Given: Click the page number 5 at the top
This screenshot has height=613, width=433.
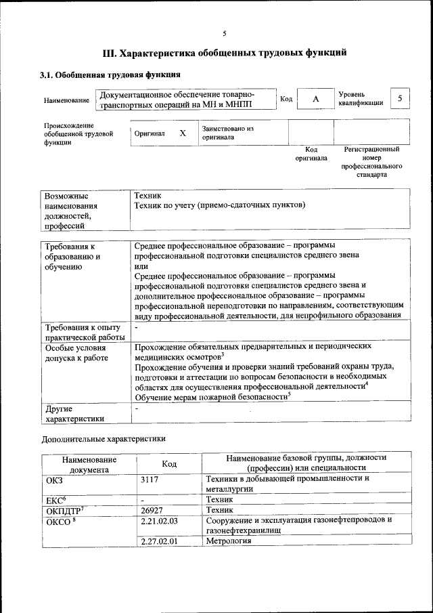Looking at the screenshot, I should pyautogui.click(x=224, y=33).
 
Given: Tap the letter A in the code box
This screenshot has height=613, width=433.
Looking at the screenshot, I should pyautogui.click(x=315, y=100).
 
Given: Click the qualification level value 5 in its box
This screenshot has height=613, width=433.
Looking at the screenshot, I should pyautogui.click(x=400, y=99).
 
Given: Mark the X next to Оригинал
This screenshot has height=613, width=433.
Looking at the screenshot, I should pyautogui.click(x=182, y=133).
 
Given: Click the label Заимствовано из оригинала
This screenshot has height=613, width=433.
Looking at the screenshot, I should pyautogui.click(x=227, y=132).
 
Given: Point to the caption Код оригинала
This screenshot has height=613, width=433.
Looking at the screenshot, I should pyautogui.click(x=311, y=154).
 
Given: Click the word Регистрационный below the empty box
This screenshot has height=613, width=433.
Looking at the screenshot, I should pyautogui.click(x=371, y=149).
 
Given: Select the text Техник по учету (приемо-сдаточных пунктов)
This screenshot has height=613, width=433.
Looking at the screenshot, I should pyautogui.click(x=220, y=204).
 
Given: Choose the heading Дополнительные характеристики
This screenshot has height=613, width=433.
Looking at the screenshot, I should pyautogui.click(x=102, y=439).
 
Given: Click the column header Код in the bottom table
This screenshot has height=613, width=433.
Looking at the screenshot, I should pyautogui.click(x=170, y=463).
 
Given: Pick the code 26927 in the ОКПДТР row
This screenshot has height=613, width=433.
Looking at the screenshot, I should pyautogui.click(x=152, y=509).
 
